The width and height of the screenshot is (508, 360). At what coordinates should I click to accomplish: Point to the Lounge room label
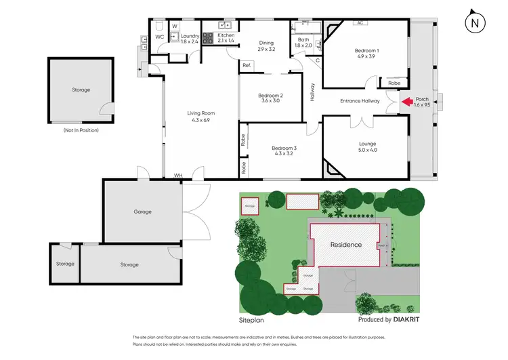[x=368, y=146]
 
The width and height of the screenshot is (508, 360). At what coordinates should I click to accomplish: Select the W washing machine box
[x=174, y=27]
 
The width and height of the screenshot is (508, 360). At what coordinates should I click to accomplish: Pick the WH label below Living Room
[x=178, y=176]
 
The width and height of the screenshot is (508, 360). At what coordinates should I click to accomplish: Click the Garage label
[x=142, y=212]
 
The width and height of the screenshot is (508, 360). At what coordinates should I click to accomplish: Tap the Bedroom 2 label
[x=270, y=99]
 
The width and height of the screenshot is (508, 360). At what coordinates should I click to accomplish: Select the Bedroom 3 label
[x=284, y=151]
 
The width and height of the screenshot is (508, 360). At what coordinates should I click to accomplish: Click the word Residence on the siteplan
[x=345, y=245]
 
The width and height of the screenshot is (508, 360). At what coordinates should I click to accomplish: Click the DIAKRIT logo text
[x=410, y=319]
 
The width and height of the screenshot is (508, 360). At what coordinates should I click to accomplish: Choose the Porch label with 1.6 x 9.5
[x=422, y=102]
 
